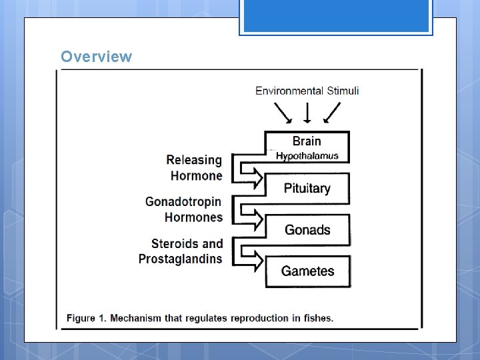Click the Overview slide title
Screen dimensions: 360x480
click(x=96, y=57)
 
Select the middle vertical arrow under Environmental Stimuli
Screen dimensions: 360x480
click(x=307, y=113)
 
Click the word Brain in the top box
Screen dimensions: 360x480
click(x=307, y=141)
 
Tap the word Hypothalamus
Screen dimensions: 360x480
click(x=307, y=156)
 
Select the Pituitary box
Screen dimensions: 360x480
click(x=307, y=188)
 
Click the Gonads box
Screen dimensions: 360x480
click(x=307, y=230)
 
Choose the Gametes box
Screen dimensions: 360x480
click(x=307, y=271)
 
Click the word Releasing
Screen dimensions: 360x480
click(x=194, y=160)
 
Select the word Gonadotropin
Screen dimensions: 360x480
click(x=183, y=201)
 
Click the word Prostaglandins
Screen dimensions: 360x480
click(x=180, y=259)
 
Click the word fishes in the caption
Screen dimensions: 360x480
click(x=317, y=317)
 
